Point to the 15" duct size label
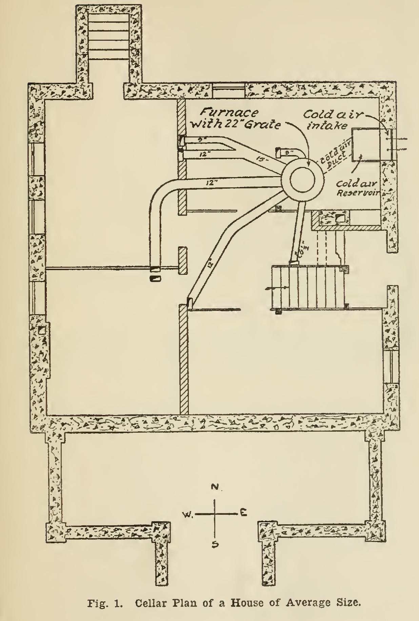[260, 158]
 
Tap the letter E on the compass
[243, 513]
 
